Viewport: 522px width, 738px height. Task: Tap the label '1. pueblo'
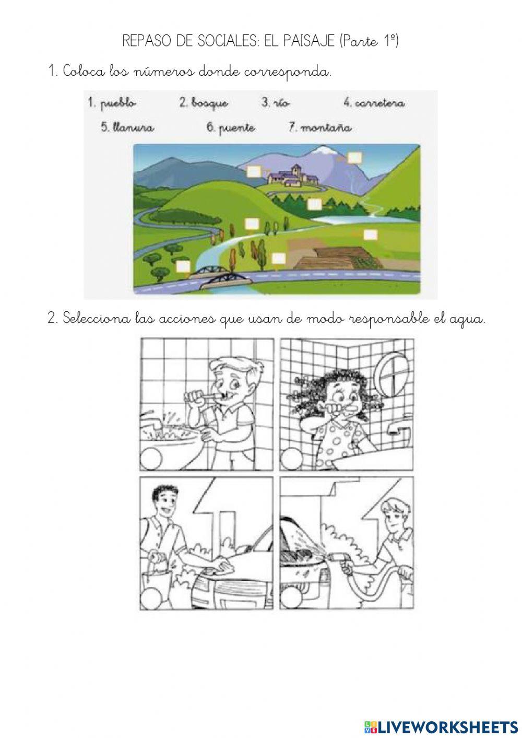tap(112, 103)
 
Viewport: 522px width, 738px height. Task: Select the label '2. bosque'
tap(204, 103)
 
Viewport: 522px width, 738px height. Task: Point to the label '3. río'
tap(275, 103)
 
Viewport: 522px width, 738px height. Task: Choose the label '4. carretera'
tap(374, 103)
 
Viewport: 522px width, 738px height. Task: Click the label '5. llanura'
tap(127, 127)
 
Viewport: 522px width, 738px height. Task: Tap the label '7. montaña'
tap(320, 127)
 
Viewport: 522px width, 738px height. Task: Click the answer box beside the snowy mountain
tap(354, 157)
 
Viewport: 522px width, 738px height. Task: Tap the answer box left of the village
tap(254, 172)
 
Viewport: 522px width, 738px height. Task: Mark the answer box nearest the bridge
tap(183, 266)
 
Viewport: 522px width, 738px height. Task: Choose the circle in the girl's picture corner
tap(289, 461)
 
